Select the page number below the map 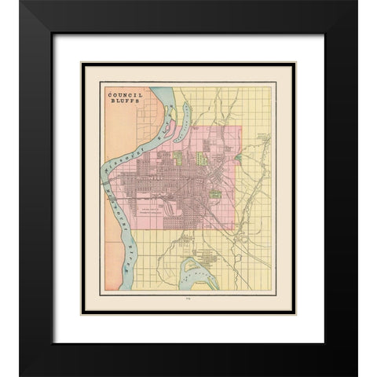coord(188,298)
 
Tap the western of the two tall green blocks coord(178,156)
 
